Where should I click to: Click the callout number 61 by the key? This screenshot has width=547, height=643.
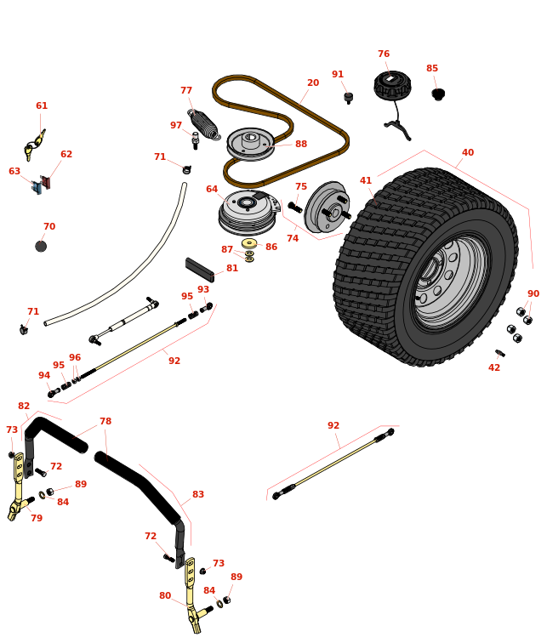[x=42, y=106]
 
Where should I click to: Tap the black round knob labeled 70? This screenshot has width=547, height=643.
[x=41, y=246]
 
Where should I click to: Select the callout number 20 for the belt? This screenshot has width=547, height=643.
[x=313, y=83]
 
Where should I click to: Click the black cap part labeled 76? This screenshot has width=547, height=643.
[x=392, y=84]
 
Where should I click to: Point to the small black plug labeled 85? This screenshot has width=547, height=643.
[x=438, y=94]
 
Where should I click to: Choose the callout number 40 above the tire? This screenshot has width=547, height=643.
[x=468, y=153]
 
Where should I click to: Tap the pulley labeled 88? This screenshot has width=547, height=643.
[x=250, y=142]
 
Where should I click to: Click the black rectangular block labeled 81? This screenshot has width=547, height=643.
[x=200, y=270]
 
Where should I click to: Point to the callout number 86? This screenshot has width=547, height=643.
[x=271, y=248]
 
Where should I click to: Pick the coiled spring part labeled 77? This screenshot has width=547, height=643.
[x=205, y=124]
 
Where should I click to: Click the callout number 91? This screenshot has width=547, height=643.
[x=338, y=75]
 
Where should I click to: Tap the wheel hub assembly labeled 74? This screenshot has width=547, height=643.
[x=327, y=208]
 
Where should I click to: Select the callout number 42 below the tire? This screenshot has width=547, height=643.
[x=494, y=367]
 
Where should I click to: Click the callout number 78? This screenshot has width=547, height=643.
[x=105, y=422]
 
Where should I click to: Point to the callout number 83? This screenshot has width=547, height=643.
[x=198, y=495]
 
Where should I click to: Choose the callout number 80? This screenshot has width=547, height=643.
[x=165, y=596]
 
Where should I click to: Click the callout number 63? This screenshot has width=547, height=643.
[x=14, y=172]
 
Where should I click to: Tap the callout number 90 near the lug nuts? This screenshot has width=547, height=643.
[x=533, y=294]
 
